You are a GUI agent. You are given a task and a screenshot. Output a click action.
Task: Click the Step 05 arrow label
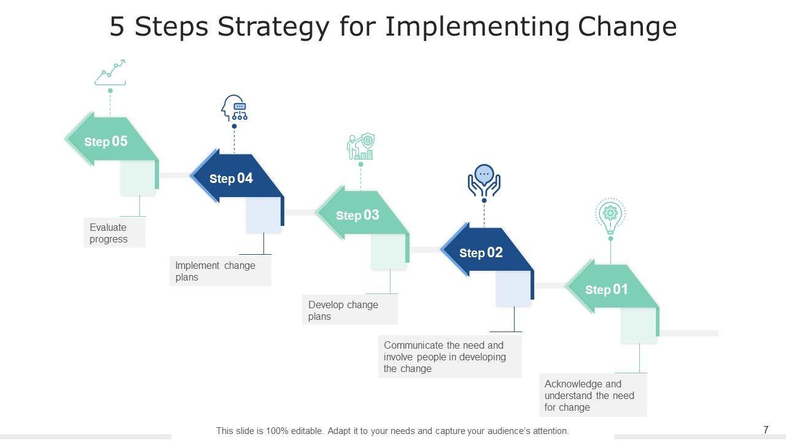click(x=106, y=141)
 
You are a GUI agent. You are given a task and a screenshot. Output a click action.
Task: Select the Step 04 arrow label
click(x=231, y=178)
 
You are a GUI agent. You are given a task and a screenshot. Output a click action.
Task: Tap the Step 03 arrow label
click(x=357, y=215)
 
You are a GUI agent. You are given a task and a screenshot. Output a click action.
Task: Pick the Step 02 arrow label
click(x=481, y=252)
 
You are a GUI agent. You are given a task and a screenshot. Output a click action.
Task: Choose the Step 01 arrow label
click(x=606, y=289)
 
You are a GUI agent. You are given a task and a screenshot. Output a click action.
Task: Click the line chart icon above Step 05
click(x=110, y=72)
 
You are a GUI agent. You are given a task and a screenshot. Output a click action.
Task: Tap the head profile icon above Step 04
click(x=234, y=107)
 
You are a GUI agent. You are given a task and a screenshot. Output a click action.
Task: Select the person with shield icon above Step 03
click(x=360, y=146)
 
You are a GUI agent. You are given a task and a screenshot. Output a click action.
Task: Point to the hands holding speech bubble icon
click(x=484, y=180)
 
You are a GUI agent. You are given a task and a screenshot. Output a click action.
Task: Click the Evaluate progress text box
click(x=114, y=233)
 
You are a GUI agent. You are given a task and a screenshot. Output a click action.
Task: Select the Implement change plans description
click(x=220, y=271)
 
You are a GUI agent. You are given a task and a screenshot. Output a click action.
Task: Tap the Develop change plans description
click(x=350, y=310)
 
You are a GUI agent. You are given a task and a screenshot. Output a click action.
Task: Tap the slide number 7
click(x=766, y=430)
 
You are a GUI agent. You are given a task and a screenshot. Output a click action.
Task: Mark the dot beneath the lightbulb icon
click(x=610, y=239)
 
